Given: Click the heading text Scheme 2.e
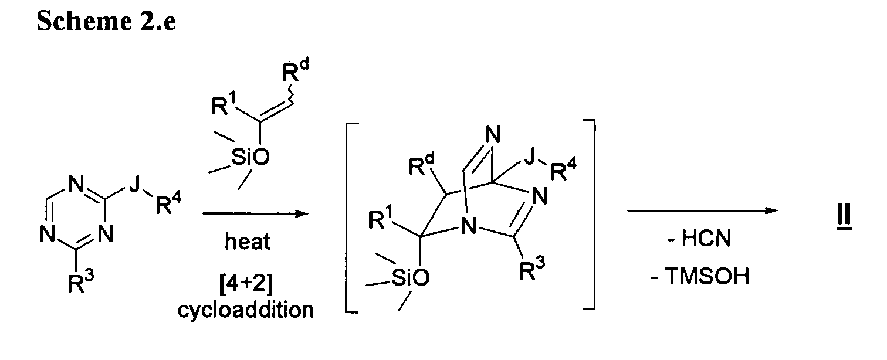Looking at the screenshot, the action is tap(106, 21).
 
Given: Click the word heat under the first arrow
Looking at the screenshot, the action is tap(248, 241).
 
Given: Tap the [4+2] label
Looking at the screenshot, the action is tap(246, 283).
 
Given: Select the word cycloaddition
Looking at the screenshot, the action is tap(245, 310).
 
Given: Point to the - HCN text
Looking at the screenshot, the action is tap(699, 238).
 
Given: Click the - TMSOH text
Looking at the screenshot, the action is tap(700, 276).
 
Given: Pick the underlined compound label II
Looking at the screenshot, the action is tap(844, 216).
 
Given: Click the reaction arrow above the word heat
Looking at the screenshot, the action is tap(255, 213).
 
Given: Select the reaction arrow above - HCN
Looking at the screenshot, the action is tap(703, 210).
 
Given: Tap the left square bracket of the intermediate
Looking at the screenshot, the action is tap(347, 218).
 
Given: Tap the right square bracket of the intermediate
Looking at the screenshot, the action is tap(593, 214).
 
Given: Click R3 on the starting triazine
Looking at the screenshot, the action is tap(80, 283).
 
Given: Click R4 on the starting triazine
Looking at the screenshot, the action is tap(168, 203).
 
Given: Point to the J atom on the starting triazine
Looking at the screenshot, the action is tap(135, 185).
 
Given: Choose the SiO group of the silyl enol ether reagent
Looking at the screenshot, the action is tap(250, 157).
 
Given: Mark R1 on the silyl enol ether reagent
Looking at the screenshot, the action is tap(224, 104).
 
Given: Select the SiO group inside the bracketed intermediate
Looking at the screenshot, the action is tap(410, 277).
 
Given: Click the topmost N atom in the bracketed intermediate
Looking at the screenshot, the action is tap(493, 135).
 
